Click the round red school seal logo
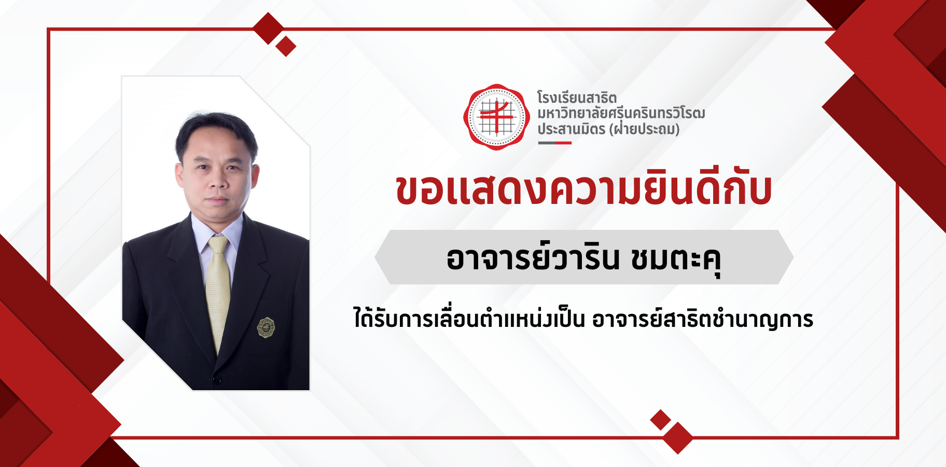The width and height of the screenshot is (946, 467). [496, 117]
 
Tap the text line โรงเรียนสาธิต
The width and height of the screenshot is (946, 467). [577, 98]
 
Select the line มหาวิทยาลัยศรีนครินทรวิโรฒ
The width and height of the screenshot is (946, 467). [621, 113]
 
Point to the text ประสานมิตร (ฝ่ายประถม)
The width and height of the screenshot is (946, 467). [608, 129]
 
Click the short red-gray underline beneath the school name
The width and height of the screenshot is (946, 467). [554, 143]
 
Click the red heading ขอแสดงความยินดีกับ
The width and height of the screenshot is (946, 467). [583, 190]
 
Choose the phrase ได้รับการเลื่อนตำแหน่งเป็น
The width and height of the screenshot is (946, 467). [469, 318]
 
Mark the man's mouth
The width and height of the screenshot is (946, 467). [217, 199]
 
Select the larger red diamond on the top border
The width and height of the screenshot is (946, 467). [269, 29]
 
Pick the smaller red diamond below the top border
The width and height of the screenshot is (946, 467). [286, 46]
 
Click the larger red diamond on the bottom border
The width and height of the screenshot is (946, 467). [677, 438]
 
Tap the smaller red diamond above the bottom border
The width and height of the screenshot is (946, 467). [661, 420]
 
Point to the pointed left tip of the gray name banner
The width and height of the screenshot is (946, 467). [375, 257]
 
